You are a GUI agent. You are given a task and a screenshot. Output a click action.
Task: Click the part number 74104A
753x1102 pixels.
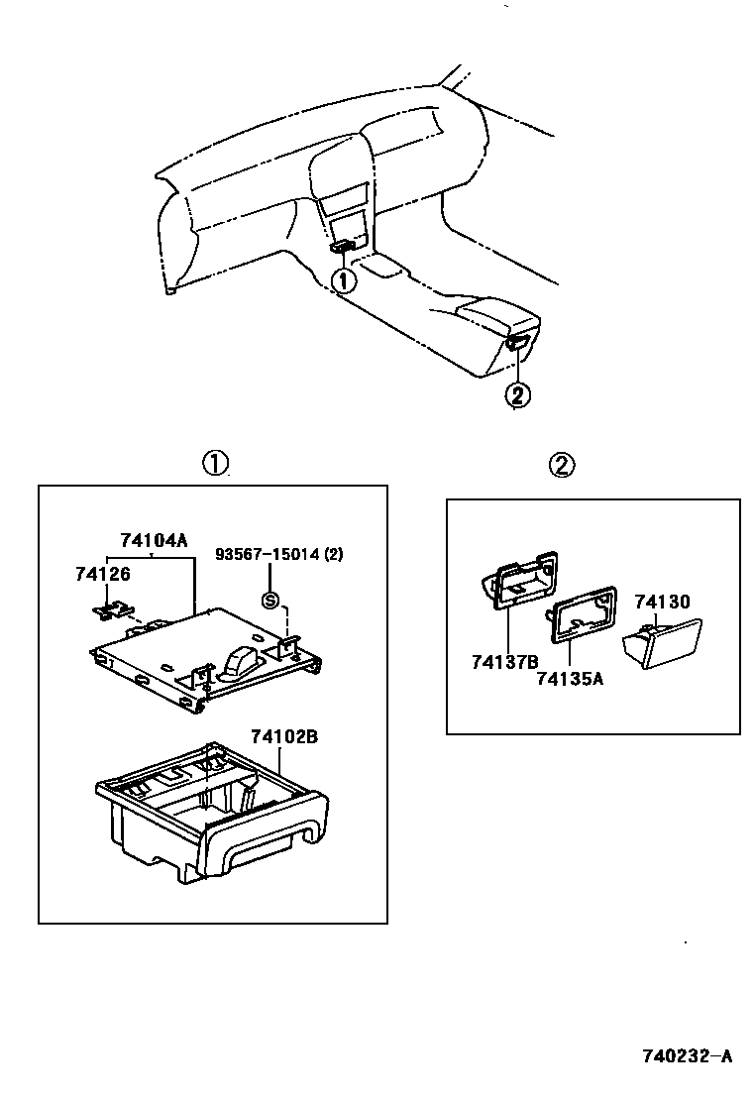(153, 541)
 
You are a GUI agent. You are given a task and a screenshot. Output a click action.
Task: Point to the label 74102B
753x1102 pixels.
(283, 737)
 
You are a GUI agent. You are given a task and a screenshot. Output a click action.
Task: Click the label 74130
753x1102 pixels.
(662, 602)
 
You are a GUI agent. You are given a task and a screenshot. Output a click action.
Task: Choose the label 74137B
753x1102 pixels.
(505, 661)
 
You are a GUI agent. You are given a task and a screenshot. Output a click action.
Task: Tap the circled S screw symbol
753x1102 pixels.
(269, 599)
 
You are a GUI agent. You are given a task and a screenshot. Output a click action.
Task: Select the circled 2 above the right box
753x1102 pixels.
(561, 464)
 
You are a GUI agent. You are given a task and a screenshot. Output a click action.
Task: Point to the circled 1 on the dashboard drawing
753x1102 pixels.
(343, 280)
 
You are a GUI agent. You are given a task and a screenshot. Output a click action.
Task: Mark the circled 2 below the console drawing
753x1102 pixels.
(517, 395)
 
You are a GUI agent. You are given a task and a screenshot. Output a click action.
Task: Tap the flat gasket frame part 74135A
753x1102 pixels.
(581, 622)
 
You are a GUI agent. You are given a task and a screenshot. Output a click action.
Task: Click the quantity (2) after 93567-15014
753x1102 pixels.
(334, 554)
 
